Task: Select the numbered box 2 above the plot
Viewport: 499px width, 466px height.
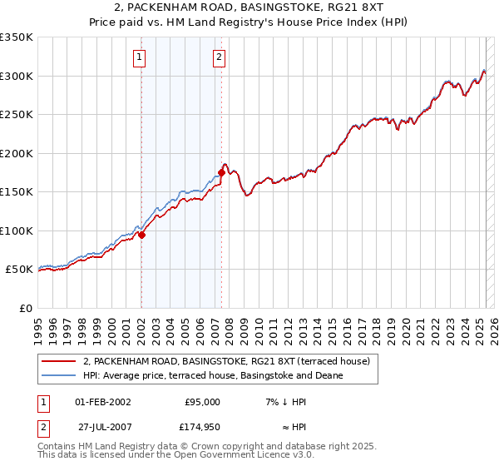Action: tap(218, 57)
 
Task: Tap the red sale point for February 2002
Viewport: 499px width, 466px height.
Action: tap(141, 235)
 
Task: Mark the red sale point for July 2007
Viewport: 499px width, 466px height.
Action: tap(221, 173)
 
